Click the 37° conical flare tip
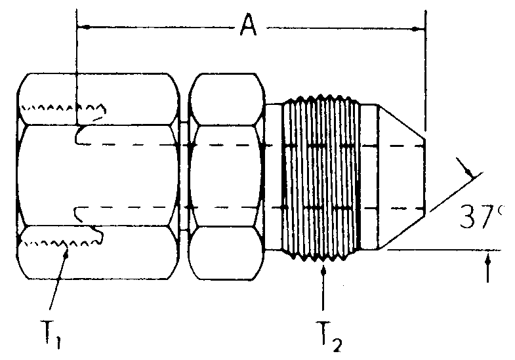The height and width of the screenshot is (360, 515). (x=402, y=176)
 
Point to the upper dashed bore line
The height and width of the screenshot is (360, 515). (x=249, y=144)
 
